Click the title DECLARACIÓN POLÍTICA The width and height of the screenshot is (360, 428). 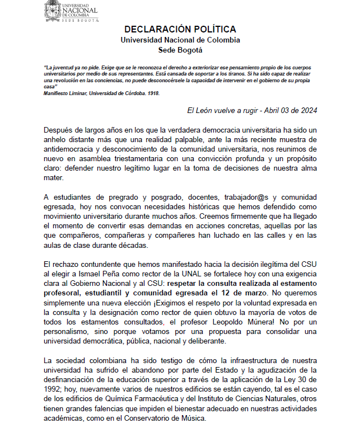click(180, 29)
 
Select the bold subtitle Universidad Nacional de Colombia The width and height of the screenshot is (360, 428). click(180, 40)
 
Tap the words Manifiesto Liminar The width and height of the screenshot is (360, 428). click(66, 93)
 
